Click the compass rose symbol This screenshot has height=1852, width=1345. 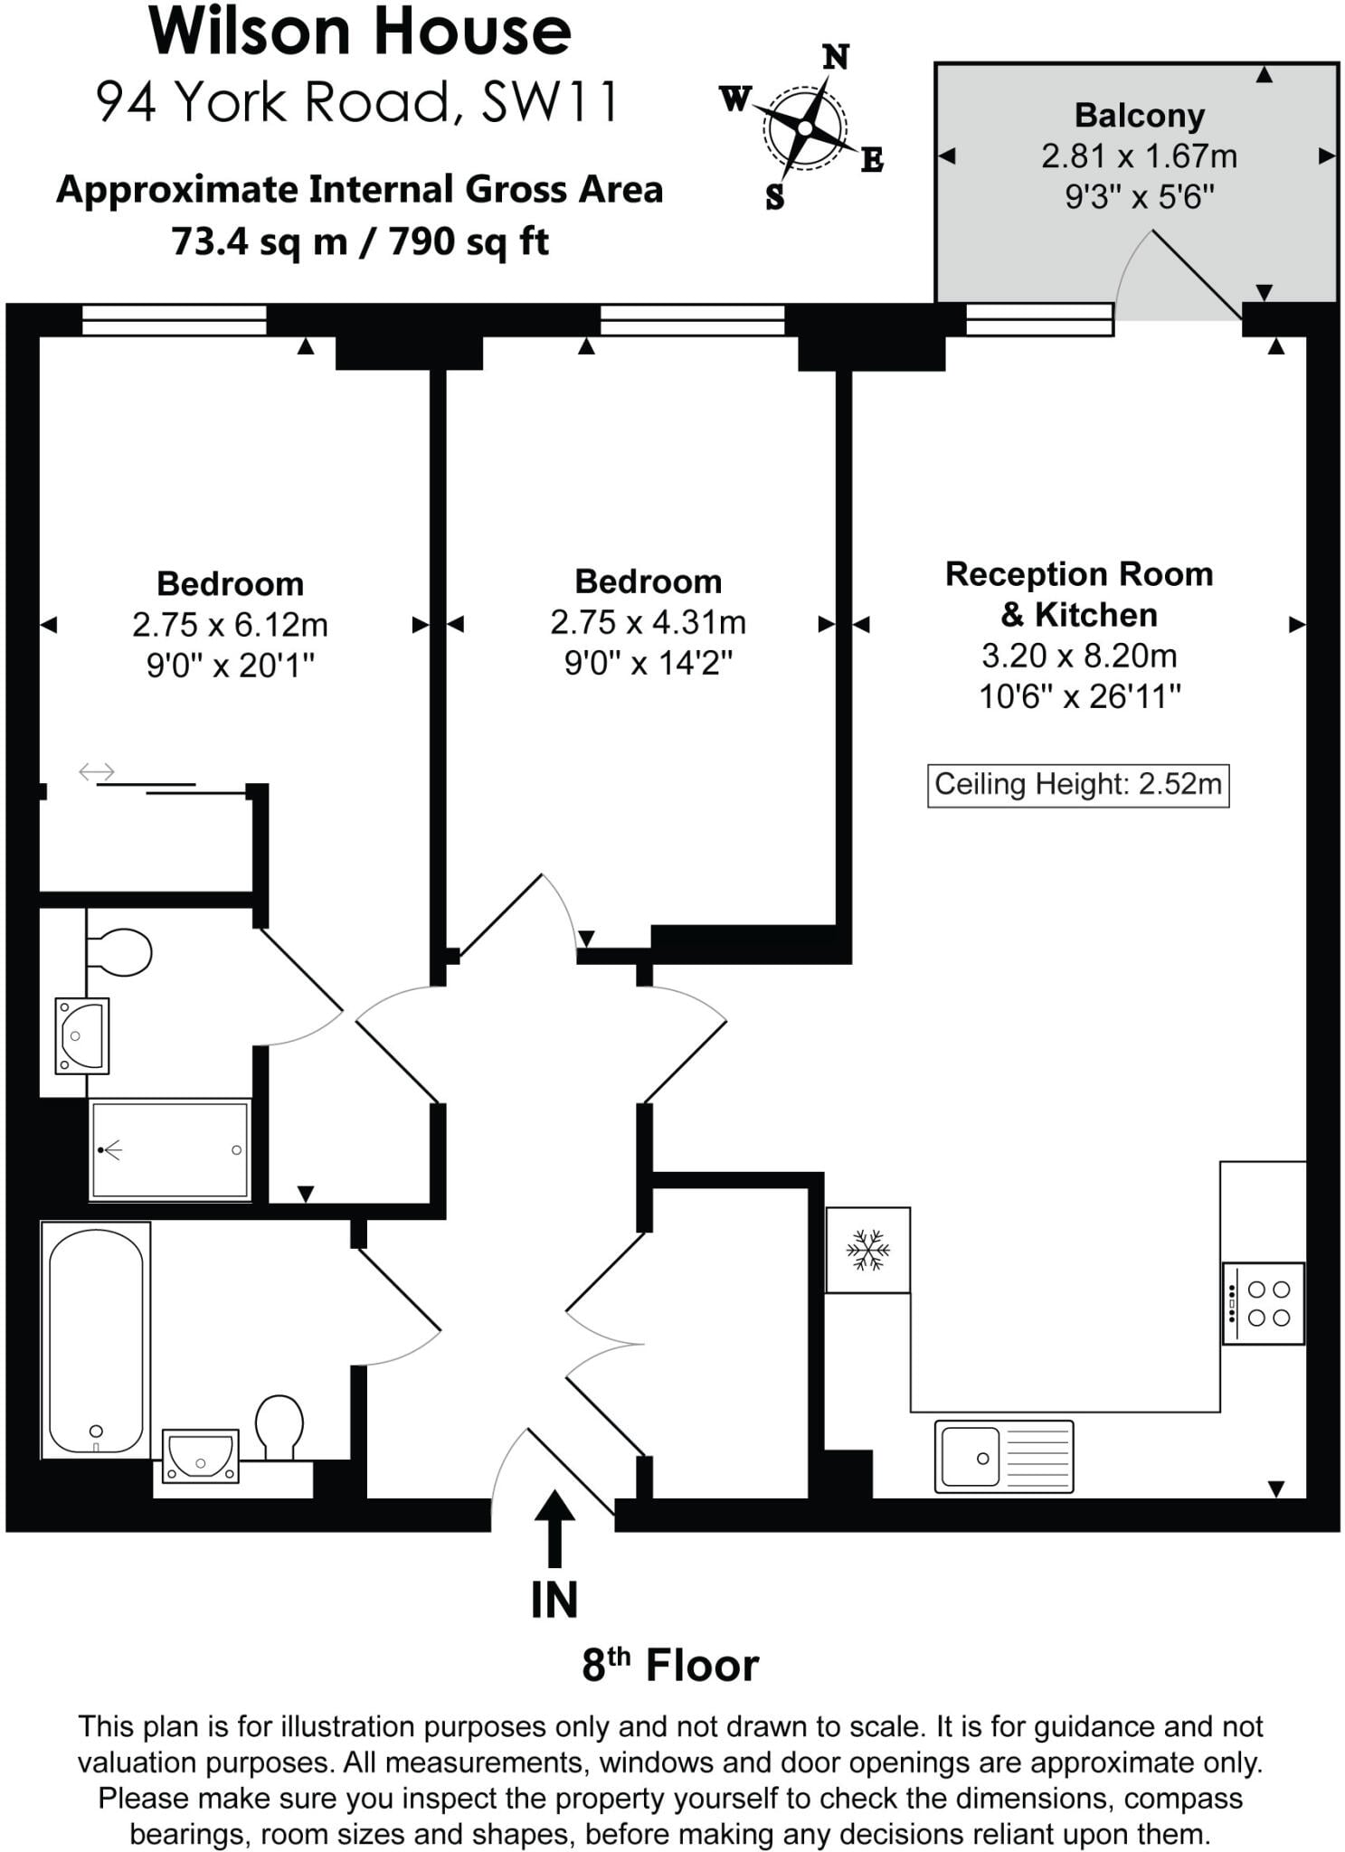(x=804, y=128)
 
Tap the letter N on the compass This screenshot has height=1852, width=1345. (x=836, y=57)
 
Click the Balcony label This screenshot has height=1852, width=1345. (x=1140, y=116)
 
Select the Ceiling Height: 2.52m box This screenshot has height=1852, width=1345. (x=1078, y=784)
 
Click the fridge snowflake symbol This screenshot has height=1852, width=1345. (x=867, y=1250)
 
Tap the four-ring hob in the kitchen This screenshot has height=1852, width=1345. (x=1264, y=1303)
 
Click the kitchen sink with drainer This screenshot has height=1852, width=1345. (x=1004, y=1456)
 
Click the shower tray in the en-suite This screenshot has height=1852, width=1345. (x=169, y=1149)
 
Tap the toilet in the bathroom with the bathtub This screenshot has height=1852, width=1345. (x=279, y=1427)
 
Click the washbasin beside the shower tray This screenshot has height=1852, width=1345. (x=82, y=1035)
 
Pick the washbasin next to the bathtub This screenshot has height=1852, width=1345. (x=201, y=1455)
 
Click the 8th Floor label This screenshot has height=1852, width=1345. (x=670, y=1665)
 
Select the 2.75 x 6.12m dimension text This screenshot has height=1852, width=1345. (x=230, y=625)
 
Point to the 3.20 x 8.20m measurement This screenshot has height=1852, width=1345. (x=1079, y=656)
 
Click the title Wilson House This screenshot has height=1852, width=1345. (x=360, y=32)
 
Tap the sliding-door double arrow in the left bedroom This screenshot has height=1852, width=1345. (x=97, y=771)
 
